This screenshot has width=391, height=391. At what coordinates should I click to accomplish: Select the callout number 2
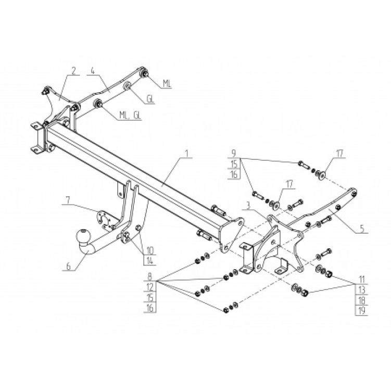pos(74,71)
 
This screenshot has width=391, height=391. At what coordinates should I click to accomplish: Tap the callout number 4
pos(92,71)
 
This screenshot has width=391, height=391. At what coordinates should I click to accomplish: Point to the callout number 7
pos(68,199)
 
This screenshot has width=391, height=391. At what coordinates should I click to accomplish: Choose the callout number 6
pos(68,266)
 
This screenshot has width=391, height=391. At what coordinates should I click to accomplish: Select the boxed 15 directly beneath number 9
pos(234,163)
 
